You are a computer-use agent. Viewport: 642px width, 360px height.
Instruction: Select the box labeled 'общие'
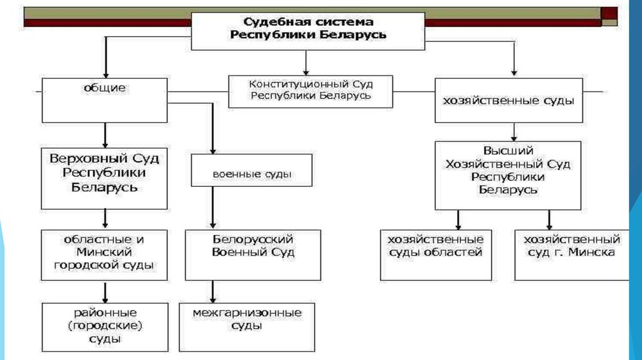[x=104, y=100]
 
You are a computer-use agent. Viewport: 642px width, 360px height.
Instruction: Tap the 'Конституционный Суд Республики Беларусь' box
[x=310, y=90]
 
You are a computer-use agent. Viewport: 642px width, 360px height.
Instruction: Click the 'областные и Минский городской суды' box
[x=104, y=254]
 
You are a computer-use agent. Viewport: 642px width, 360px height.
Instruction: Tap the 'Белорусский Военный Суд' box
[x=253, y=255]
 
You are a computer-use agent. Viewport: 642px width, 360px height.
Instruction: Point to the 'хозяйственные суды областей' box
[x=435, y=255]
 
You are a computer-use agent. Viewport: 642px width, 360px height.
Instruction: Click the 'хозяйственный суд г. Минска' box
[x=571, y=255]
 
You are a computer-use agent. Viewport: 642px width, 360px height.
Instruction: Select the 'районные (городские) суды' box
[x=104, y=327]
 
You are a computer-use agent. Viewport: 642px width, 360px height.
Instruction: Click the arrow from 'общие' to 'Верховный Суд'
[x=105, y=135]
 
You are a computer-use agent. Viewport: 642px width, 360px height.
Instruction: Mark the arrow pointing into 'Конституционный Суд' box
[x=305, y=63]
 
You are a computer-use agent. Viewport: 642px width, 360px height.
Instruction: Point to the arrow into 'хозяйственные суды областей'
[x=458, y=220]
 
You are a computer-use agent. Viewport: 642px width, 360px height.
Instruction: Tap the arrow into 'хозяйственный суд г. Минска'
[x=549, y=220]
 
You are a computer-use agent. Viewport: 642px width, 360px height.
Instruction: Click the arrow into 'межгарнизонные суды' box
[x=213, y=292]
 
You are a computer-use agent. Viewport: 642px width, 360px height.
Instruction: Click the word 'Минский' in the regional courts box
[x=104, y=252]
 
